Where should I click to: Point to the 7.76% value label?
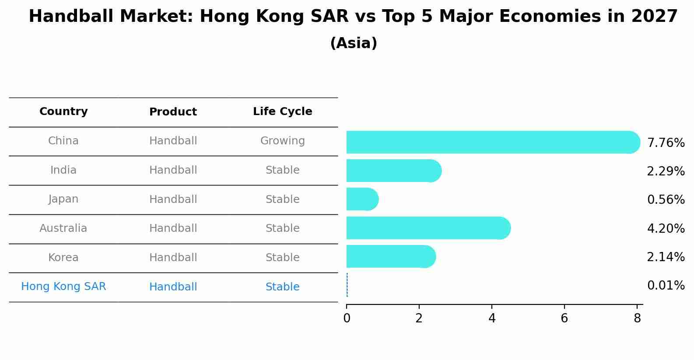666,143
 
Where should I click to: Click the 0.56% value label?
666,200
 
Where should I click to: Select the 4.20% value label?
666,228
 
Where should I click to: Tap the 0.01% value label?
666,286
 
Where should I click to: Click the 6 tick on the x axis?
564,318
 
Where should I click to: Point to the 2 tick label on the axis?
419,318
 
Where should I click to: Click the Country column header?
63,112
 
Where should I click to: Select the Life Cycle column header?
282,112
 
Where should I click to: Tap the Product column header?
173,112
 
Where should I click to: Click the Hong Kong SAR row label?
63,287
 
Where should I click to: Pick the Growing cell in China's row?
282,141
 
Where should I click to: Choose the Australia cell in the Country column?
63,228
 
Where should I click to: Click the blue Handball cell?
173,287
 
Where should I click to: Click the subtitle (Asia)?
354,43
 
